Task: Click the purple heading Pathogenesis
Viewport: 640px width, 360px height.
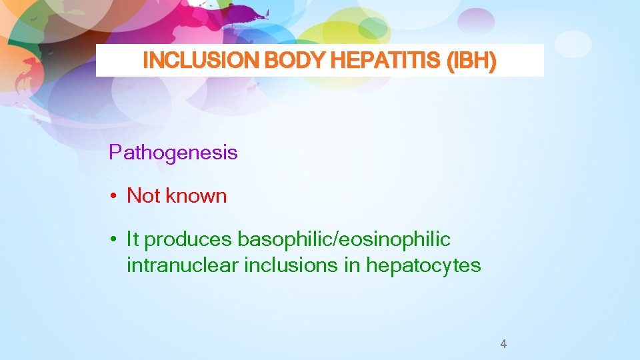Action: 173,153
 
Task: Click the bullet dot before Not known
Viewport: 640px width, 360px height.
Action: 115,197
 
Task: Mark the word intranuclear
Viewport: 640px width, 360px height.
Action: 183,265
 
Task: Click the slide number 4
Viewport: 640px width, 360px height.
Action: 503,344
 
